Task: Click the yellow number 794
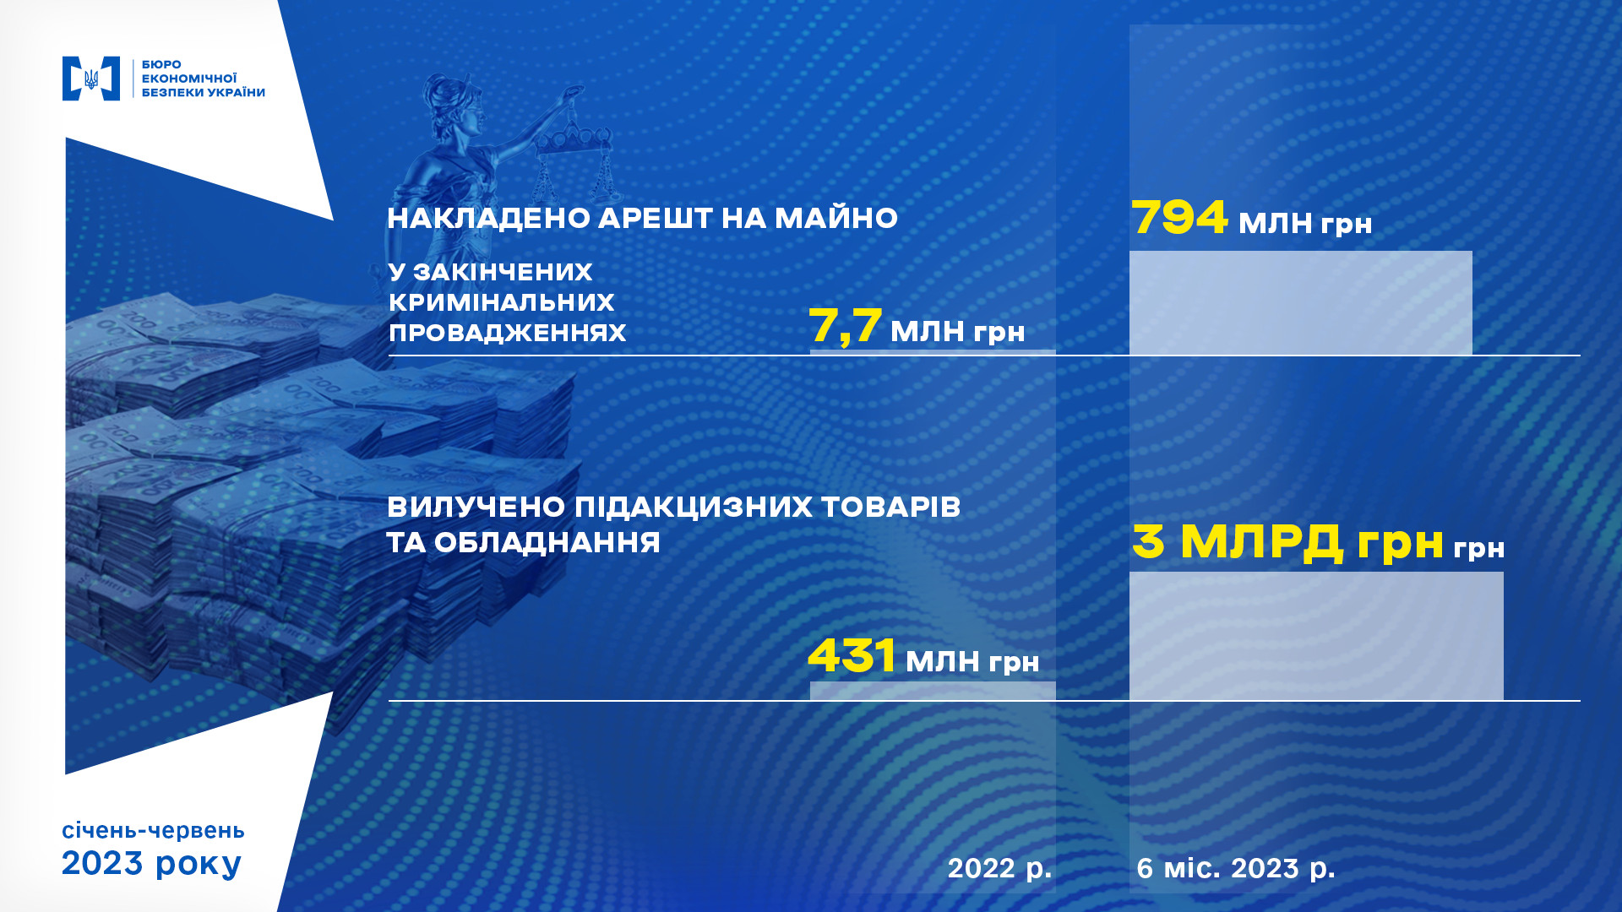coord(1179,217)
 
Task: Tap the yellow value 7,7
coord(846,326)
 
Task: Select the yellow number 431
coord(852,655)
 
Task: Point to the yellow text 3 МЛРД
coord(1238,542)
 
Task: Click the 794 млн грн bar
coord(1300,302)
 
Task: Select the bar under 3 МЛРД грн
coord(1316,636)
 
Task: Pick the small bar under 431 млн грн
coord(933,691)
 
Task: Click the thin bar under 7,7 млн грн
coord(933,352)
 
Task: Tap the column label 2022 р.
coord(999,869)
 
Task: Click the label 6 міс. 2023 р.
coord(1236,869)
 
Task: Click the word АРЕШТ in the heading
coord(656,218)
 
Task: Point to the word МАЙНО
coord(836,218)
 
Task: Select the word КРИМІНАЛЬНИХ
coord(502,302)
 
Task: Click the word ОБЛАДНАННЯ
coord(547,542)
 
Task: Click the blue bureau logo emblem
coord(91,79)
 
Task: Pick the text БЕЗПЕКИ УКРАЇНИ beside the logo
coord(204,93)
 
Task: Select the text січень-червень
coord(153,831)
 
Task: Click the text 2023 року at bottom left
coord(152,864)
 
